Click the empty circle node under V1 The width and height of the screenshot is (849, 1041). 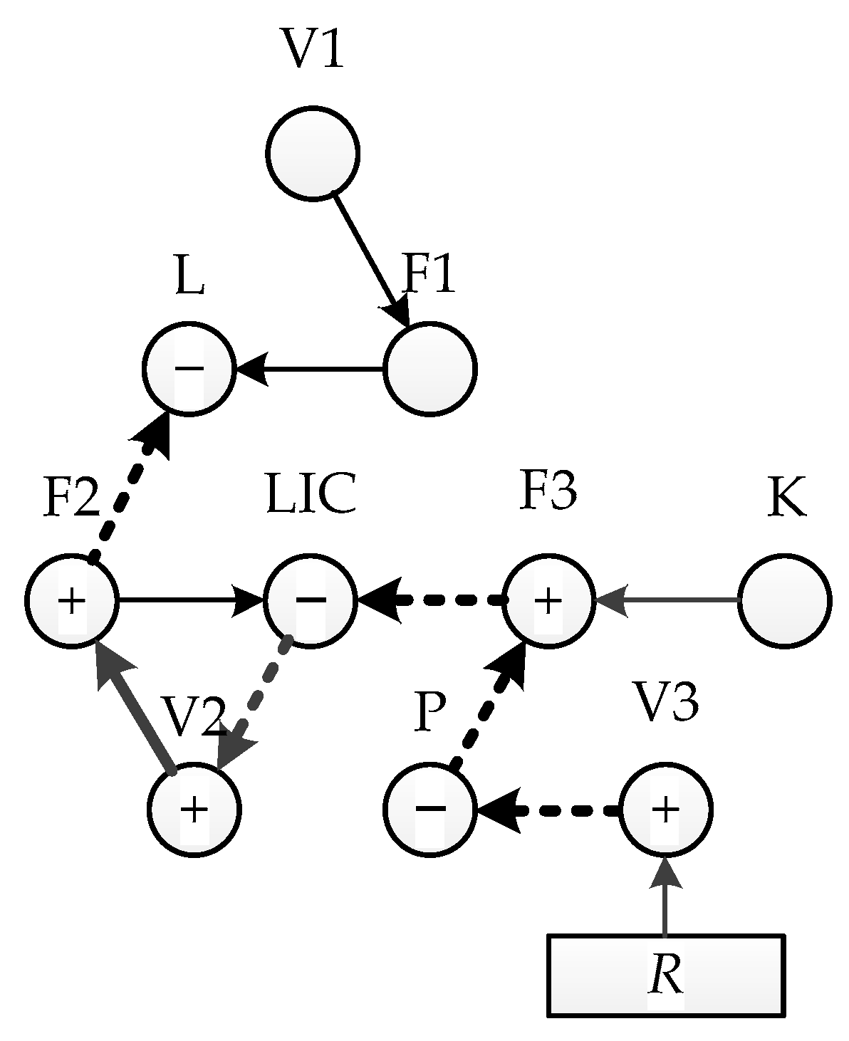coord(313,153)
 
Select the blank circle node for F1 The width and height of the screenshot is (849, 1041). coord(429,369)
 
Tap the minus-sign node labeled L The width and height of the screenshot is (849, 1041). coord(189,369)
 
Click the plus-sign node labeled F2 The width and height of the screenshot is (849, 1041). coord(71,601)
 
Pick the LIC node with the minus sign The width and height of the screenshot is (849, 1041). coord(310,601)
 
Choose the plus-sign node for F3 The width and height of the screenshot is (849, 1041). coord(548,601)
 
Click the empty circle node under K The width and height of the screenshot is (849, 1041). coord(784,601)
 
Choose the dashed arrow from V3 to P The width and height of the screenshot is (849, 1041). coord(548,810)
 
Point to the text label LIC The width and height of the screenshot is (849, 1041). coord(311,495)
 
